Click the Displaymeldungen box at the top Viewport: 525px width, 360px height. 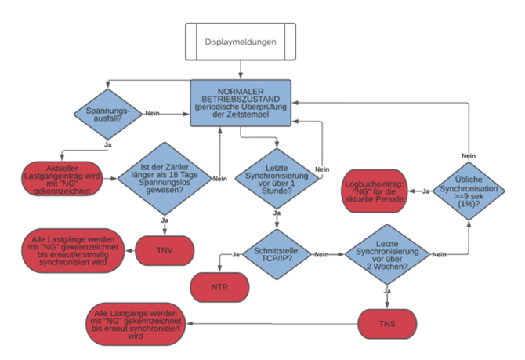(241, 41)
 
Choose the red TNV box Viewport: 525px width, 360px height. (165, 251)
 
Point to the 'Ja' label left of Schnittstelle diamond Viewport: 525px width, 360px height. (235, 254)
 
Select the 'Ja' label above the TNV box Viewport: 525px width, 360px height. (165, 220)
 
